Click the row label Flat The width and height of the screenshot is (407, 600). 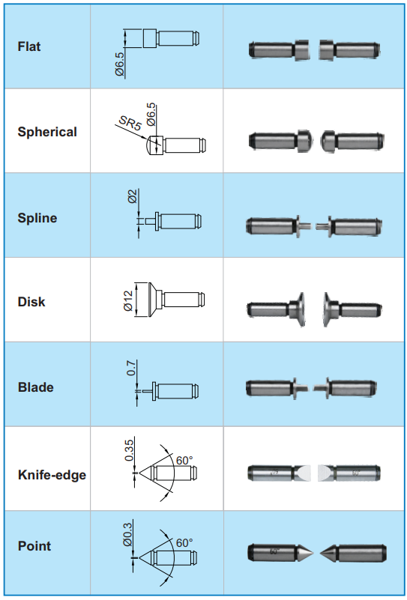coord(29,46)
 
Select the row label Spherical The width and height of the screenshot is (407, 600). coord(47,132)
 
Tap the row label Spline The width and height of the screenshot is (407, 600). coord(37,218)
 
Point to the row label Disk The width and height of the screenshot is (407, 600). coord(31,302)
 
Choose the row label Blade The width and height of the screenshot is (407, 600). coord(36,387)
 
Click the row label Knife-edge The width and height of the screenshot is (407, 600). coord(52,475)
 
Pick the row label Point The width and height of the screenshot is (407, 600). coord(34,546)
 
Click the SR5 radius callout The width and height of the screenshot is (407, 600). coord(130,123)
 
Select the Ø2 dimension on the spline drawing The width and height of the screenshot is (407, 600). coord(133,196)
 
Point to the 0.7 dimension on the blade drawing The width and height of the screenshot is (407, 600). coord(132,368)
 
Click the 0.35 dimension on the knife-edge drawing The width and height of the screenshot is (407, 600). coord(130,450)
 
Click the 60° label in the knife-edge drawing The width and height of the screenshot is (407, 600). coord(184,461)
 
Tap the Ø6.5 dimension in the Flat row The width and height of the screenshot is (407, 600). coord(120,64)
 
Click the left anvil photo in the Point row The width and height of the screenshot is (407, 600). coord(280,553)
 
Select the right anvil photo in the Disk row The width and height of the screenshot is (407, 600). coord(352,309)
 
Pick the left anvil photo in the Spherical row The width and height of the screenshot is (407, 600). coord(280,140)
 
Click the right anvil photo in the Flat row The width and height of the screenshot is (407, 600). coord(349,49)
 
